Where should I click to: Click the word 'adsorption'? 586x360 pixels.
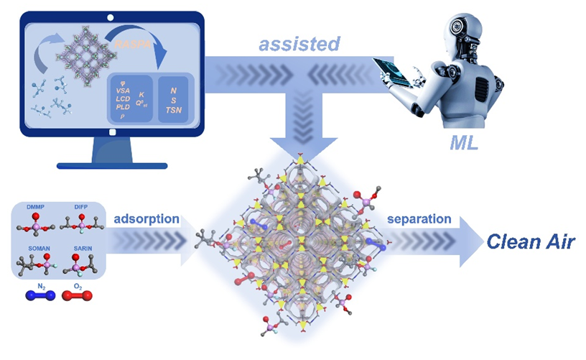click(x=146, y=218)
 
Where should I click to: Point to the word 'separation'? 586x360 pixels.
click(x=419, y=218)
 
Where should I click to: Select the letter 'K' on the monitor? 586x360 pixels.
click(x=142, y=94)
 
